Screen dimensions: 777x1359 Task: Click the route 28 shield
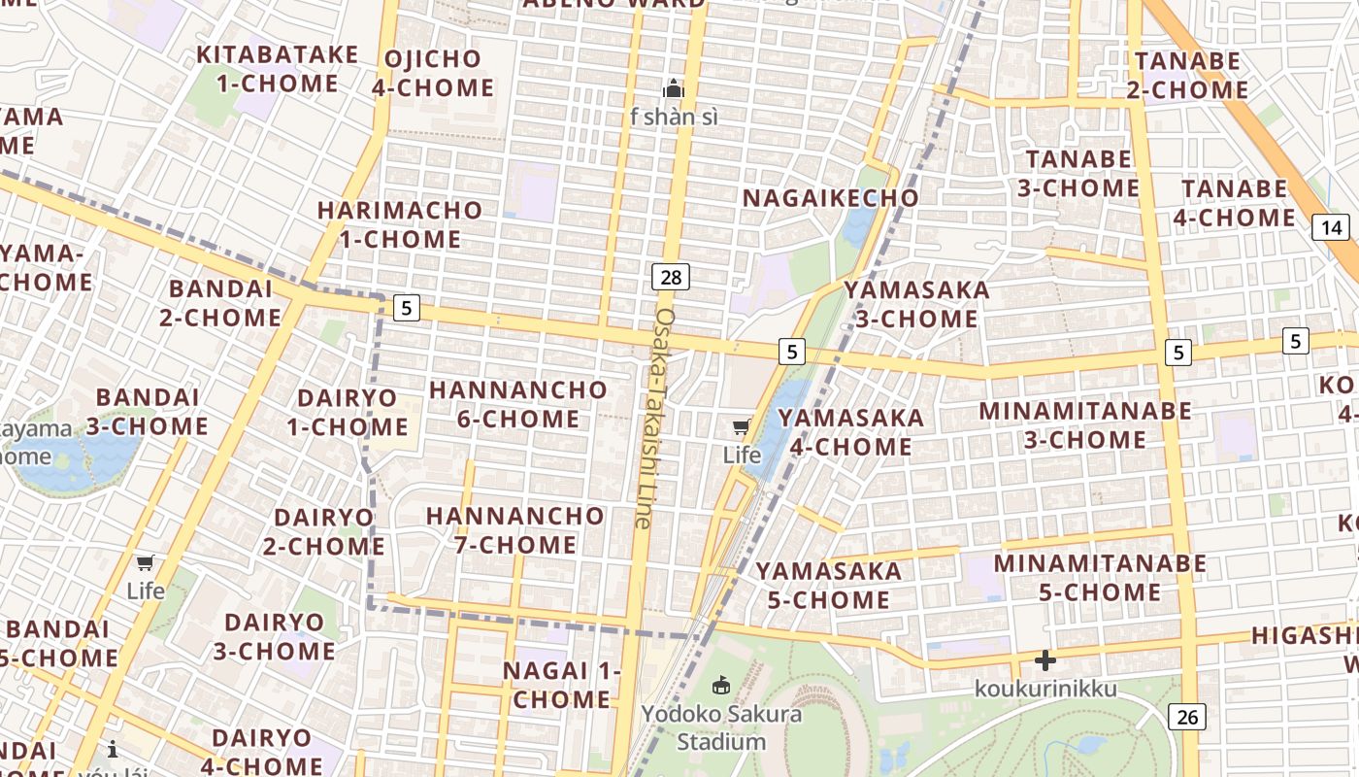point(670,278)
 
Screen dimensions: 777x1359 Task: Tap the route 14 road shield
point(1330,228)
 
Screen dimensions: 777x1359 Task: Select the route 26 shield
point(1186,717)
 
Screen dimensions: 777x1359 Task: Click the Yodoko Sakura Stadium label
point(721,728)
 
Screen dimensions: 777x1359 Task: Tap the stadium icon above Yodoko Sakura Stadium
point(721,687)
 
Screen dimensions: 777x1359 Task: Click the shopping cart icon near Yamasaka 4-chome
point(742,426)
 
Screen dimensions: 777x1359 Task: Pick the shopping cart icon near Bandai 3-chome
point(146,563)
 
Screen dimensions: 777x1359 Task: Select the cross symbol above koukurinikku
point(1044,660)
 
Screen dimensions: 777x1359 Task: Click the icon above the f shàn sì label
point(673,90)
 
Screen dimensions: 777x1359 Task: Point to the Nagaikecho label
point(830,198)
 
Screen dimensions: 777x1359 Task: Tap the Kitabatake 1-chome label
point(278,68)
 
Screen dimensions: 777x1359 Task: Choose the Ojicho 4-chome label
point(433,73)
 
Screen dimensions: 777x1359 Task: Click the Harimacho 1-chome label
point(400,223)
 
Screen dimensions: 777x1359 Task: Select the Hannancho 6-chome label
point(518,404)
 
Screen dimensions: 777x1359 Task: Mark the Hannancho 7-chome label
point(515,529)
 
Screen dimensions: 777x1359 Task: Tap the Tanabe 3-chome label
point(1078,173)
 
